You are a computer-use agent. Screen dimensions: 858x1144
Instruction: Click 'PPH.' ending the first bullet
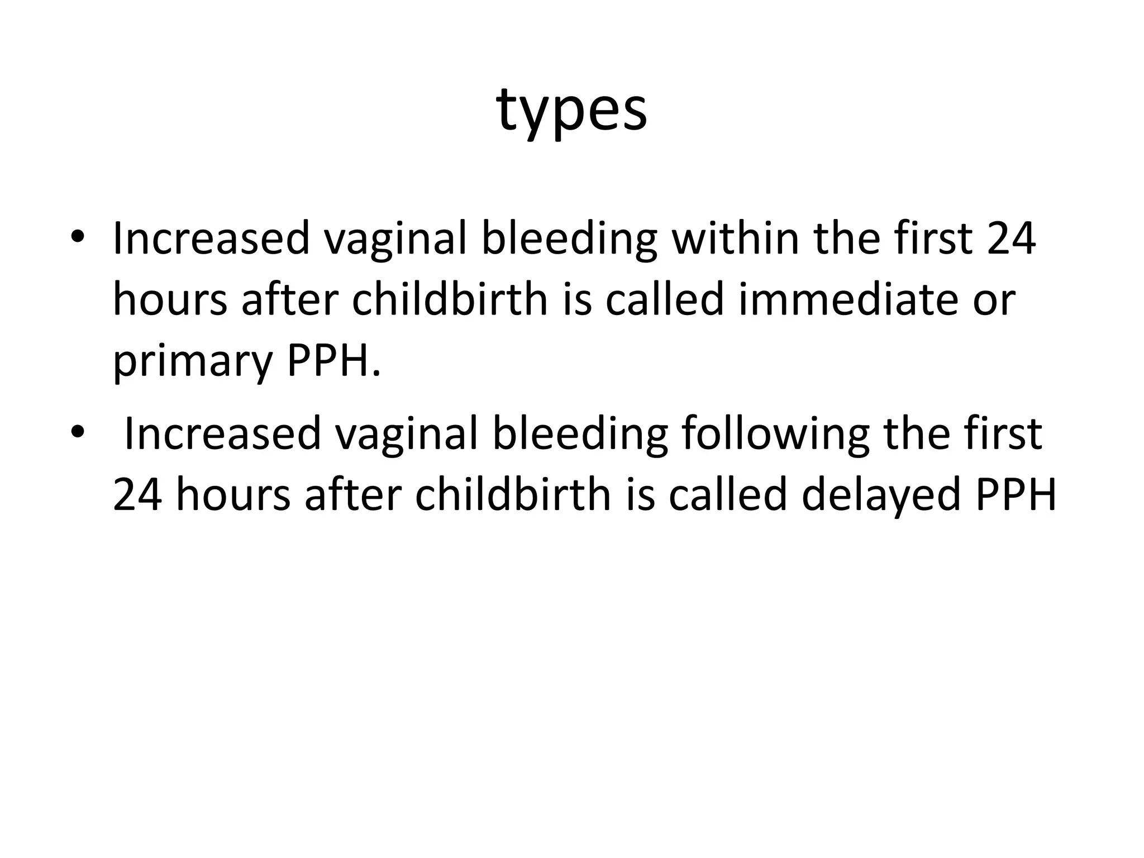pos(333,361)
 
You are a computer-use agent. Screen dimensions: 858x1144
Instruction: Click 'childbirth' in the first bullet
pos(450,299)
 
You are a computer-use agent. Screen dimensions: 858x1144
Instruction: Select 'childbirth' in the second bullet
pos(513,495)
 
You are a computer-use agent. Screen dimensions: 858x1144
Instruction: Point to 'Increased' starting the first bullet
pos(211,238)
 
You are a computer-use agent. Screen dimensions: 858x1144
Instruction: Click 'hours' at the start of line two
pos(170,299)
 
